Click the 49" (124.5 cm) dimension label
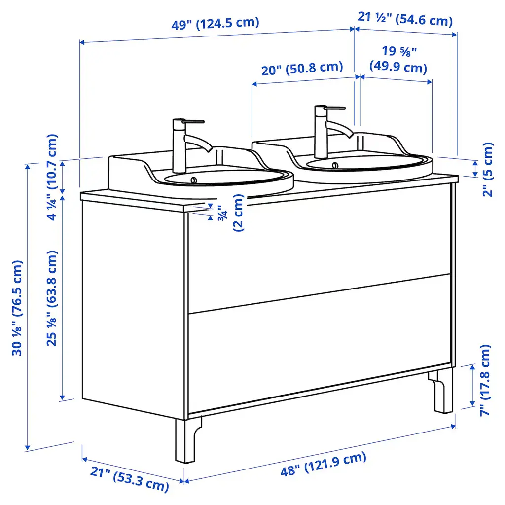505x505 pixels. (x=215, y=23)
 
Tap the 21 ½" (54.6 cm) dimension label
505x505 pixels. (x=405, y=19)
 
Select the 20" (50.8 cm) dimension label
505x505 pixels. (x=302, y=69)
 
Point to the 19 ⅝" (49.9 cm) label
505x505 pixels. (x=398, y=60)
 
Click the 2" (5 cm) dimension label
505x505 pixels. (x=488, y=170)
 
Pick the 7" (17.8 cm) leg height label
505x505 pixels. (x=485, y=381)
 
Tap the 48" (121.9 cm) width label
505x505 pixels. (x=324, y=464)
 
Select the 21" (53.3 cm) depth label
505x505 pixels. (x=130, y=479)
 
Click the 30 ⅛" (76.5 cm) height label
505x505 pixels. (x=17, y=308)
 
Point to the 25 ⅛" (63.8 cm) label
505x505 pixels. (x=52, y=298)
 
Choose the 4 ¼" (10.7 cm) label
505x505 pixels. (x=52, y=177)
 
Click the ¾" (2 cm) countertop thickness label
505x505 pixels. (x=231, y=213)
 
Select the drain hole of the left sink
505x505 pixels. (x=193, y=180)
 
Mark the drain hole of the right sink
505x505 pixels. (x=335, y=165)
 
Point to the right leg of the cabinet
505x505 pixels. (x=442, y=391)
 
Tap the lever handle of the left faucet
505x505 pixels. (x=193, y=121)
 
